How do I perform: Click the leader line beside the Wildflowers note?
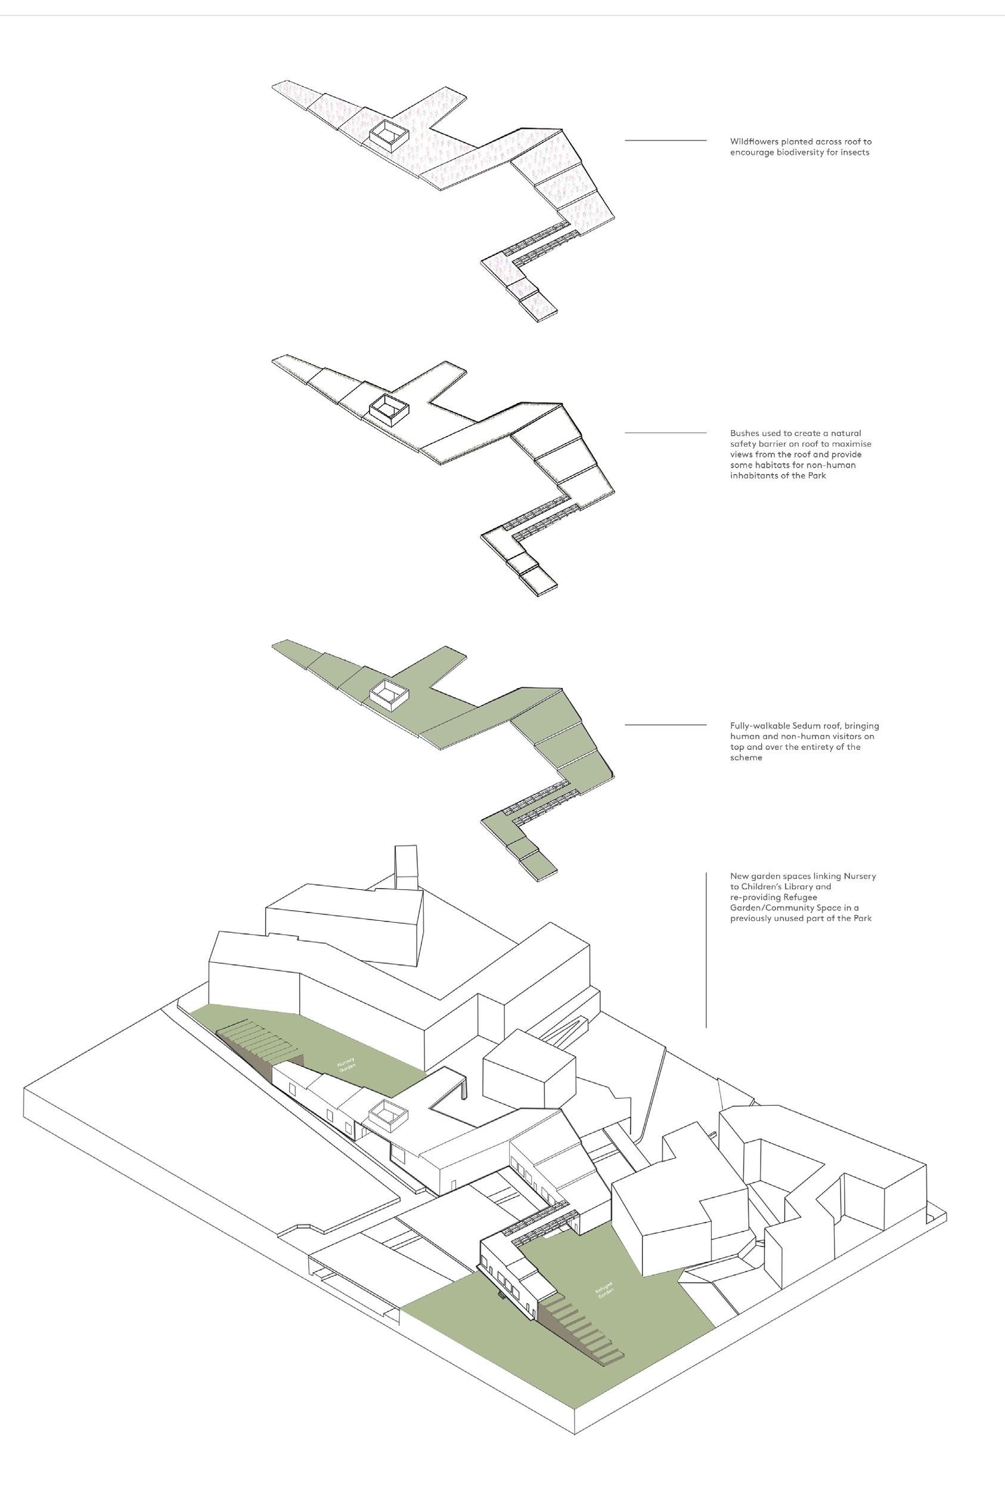coord(665,141)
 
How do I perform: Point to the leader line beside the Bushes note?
coord(665,432)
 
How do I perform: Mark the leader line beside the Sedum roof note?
coord(665,725)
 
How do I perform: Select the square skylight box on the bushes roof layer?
coord(389,409)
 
